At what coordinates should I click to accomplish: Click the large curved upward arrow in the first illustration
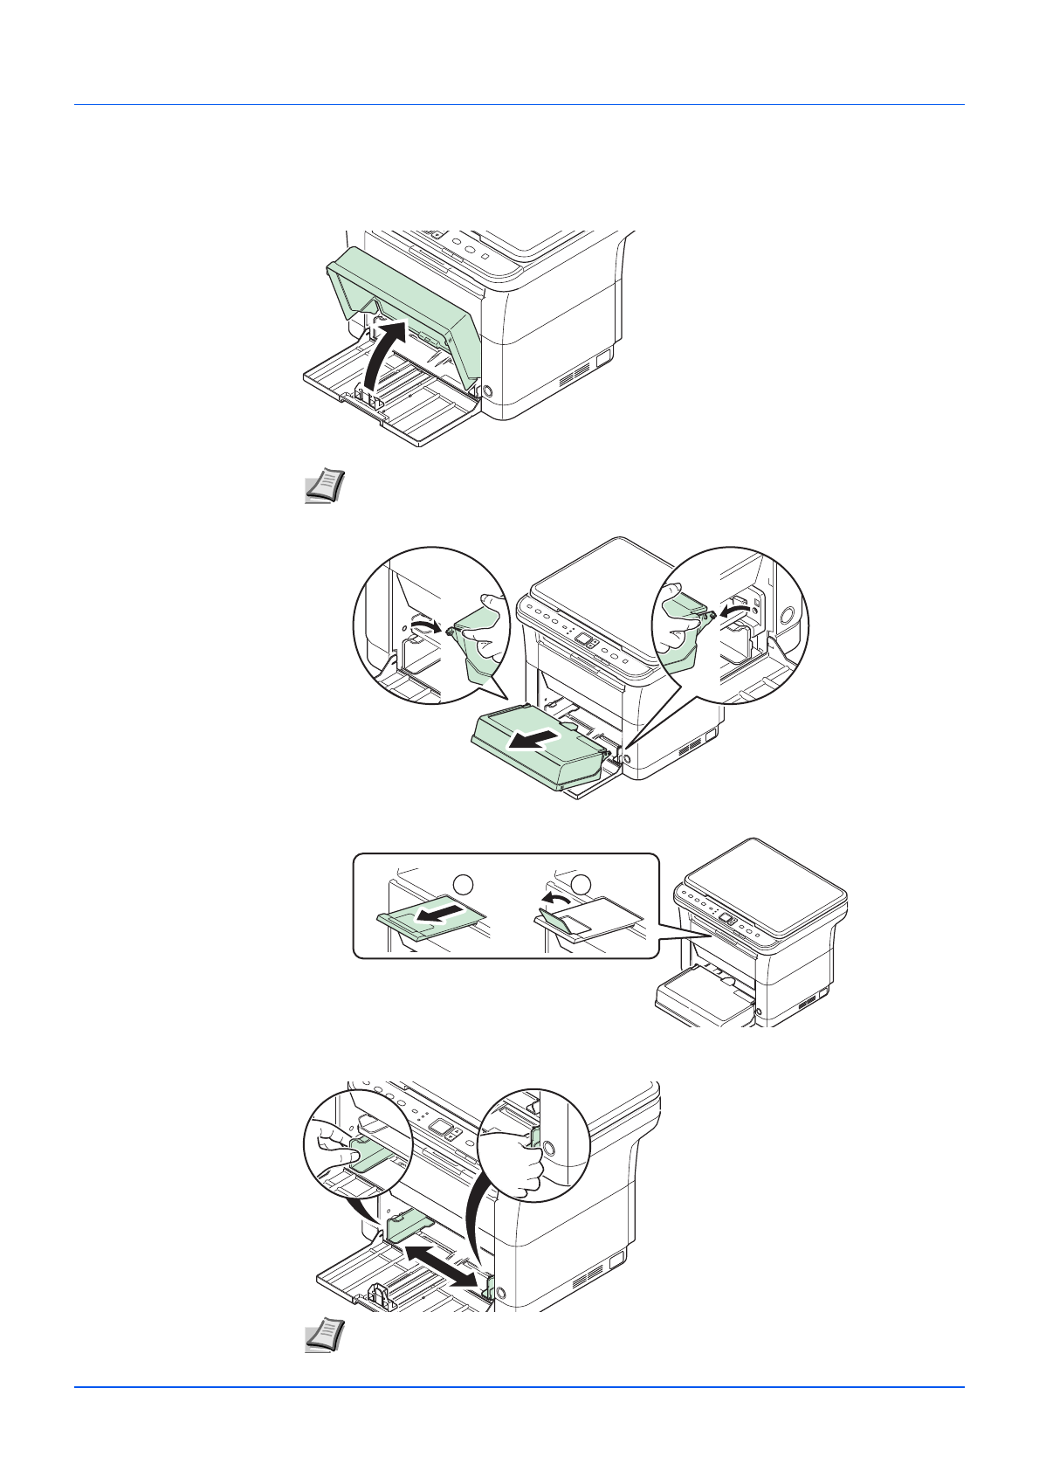[382, 354]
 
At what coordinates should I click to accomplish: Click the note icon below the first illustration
[325, 486]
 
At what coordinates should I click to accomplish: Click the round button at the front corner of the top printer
[486, 392]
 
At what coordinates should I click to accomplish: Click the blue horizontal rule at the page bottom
[519, 1386]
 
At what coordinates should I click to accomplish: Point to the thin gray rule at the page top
[519, 105]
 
